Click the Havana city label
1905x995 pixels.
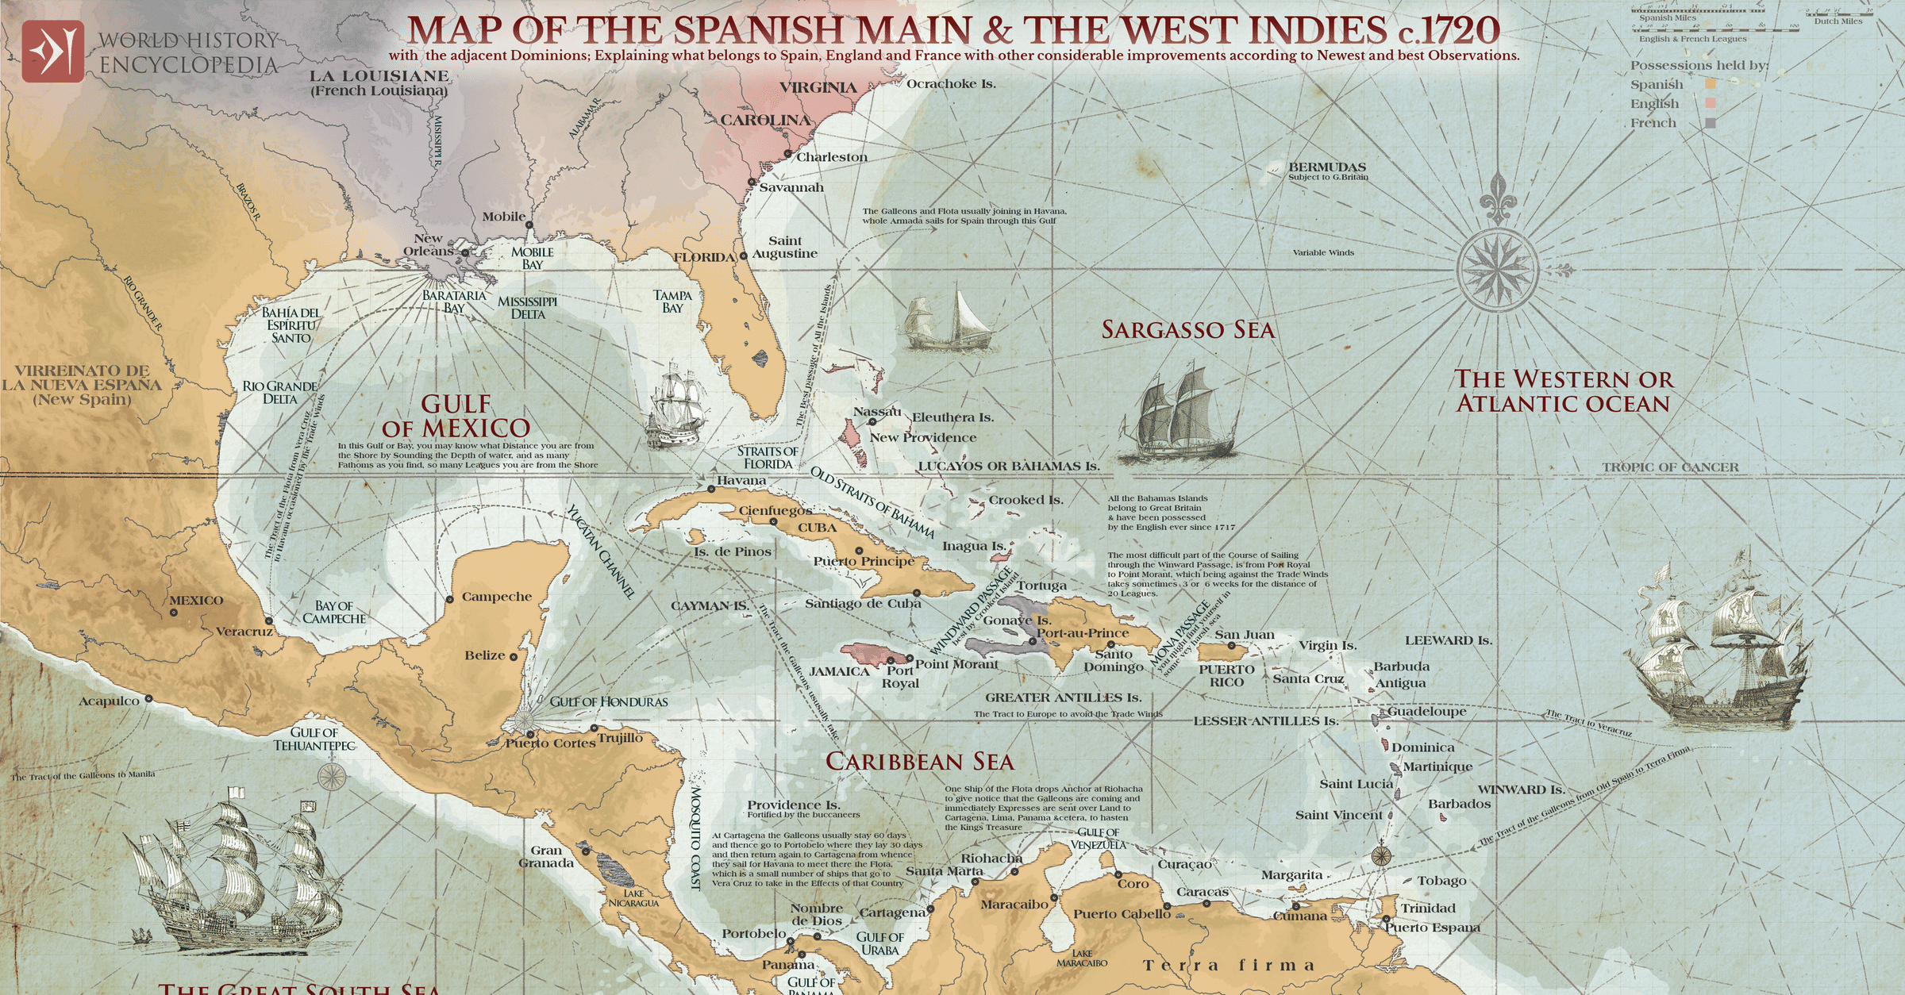(x=741, y=481)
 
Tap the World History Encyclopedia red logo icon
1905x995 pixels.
(x=52, y=52)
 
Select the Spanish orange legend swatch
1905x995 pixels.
(x=1711, y=84)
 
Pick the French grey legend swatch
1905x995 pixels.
(x=1711, y=123)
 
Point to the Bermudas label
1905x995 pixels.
(x=1327, y=167)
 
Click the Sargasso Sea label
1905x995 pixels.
(x=1187, y=330)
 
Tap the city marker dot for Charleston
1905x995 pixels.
(x=788, y=153)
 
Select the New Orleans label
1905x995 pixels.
(x=429, y=244)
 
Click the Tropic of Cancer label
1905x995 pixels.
(x=1669, y=467)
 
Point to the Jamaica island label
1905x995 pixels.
(x=839, y=672)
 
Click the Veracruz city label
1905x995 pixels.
(x=244, y=632)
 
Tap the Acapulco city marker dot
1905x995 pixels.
(x=148, y=699)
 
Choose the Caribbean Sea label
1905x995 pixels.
(x=919, y=762)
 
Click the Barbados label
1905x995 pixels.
(x=1459, y=804)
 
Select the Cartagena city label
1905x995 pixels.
(x=892, y=912)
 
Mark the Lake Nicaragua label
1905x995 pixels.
(x=633, y=898)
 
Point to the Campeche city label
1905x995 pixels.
(x=496, y=597)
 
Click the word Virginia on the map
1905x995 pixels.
(x=818, y=88)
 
